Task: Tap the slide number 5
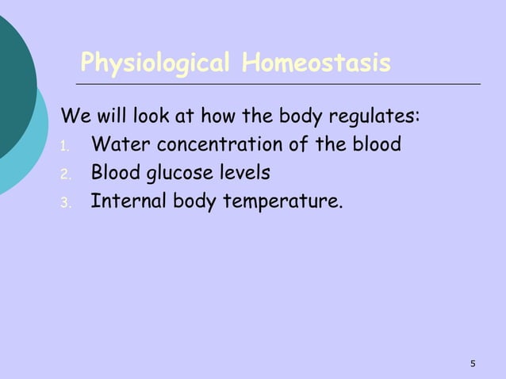[473, 364]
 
